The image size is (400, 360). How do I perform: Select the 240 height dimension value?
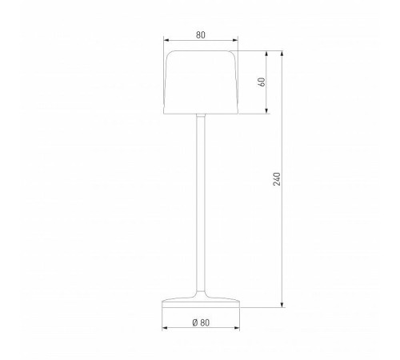pos(278,179)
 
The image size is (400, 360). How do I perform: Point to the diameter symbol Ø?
pos(195,322)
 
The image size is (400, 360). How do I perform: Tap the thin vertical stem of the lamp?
pos(200,200)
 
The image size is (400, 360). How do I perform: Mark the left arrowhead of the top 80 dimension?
pos(165,42)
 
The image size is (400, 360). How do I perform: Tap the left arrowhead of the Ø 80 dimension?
pos(165,329)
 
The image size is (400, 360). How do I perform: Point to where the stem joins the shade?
pos(200,113)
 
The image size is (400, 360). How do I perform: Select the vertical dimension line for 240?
pos(283,240)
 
